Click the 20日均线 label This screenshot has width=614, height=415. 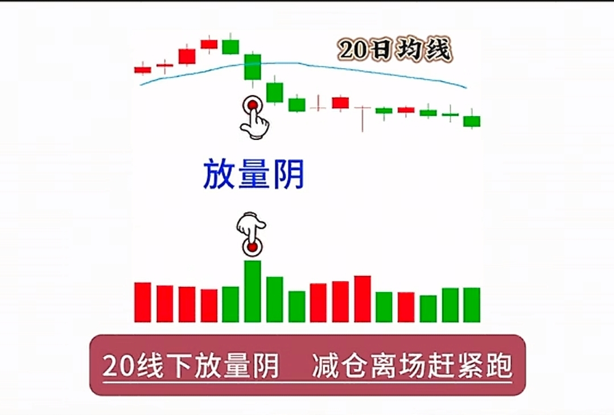[395, 50]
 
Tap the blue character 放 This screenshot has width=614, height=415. [219, 174]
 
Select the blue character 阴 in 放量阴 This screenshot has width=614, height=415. [289, 174]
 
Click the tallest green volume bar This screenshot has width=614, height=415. [253, 291]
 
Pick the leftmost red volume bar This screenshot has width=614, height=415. [142, 302]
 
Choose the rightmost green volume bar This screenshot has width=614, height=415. [472, 305]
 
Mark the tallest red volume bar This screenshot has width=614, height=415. [362, 299]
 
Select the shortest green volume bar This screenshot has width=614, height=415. [428, 309]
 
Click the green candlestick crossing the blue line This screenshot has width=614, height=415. [253, 67]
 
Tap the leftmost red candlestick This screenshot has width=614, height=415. [142, 70]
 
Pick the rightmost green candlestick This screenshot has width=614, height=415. [472, 121]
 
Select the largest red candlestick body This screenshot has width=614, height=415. [187, 56]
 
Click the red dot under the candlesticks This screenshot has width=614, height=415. [253, 105]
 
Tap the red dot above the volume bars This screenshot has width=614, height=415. [253, 247]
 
